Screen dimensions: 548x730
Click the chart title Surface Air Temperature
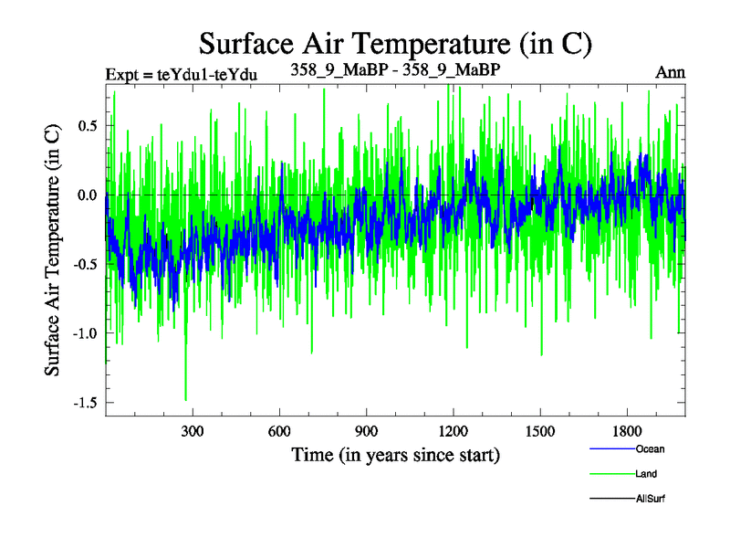396,44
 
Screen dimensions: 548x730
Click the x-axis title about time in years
395,454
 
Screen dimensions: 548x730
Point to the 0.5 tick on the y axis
86,126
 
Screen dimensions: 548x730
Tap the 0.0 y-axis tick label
86,195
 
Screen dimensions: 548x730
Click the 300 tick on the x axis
193,430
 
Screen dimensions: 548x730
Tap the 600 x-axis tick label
279,430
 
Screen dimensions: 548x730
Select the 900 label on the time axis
366,430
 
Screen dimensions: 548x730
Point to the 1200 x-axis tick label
453,430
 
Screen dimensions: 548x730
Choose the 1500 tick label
540,430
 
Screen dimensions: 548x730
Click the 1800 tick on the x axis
627,430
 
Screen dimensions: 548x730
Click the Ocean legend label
650,449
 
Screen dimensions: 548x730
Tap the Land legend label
646,474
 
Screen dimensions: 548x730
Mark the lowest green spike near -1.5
186,398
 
